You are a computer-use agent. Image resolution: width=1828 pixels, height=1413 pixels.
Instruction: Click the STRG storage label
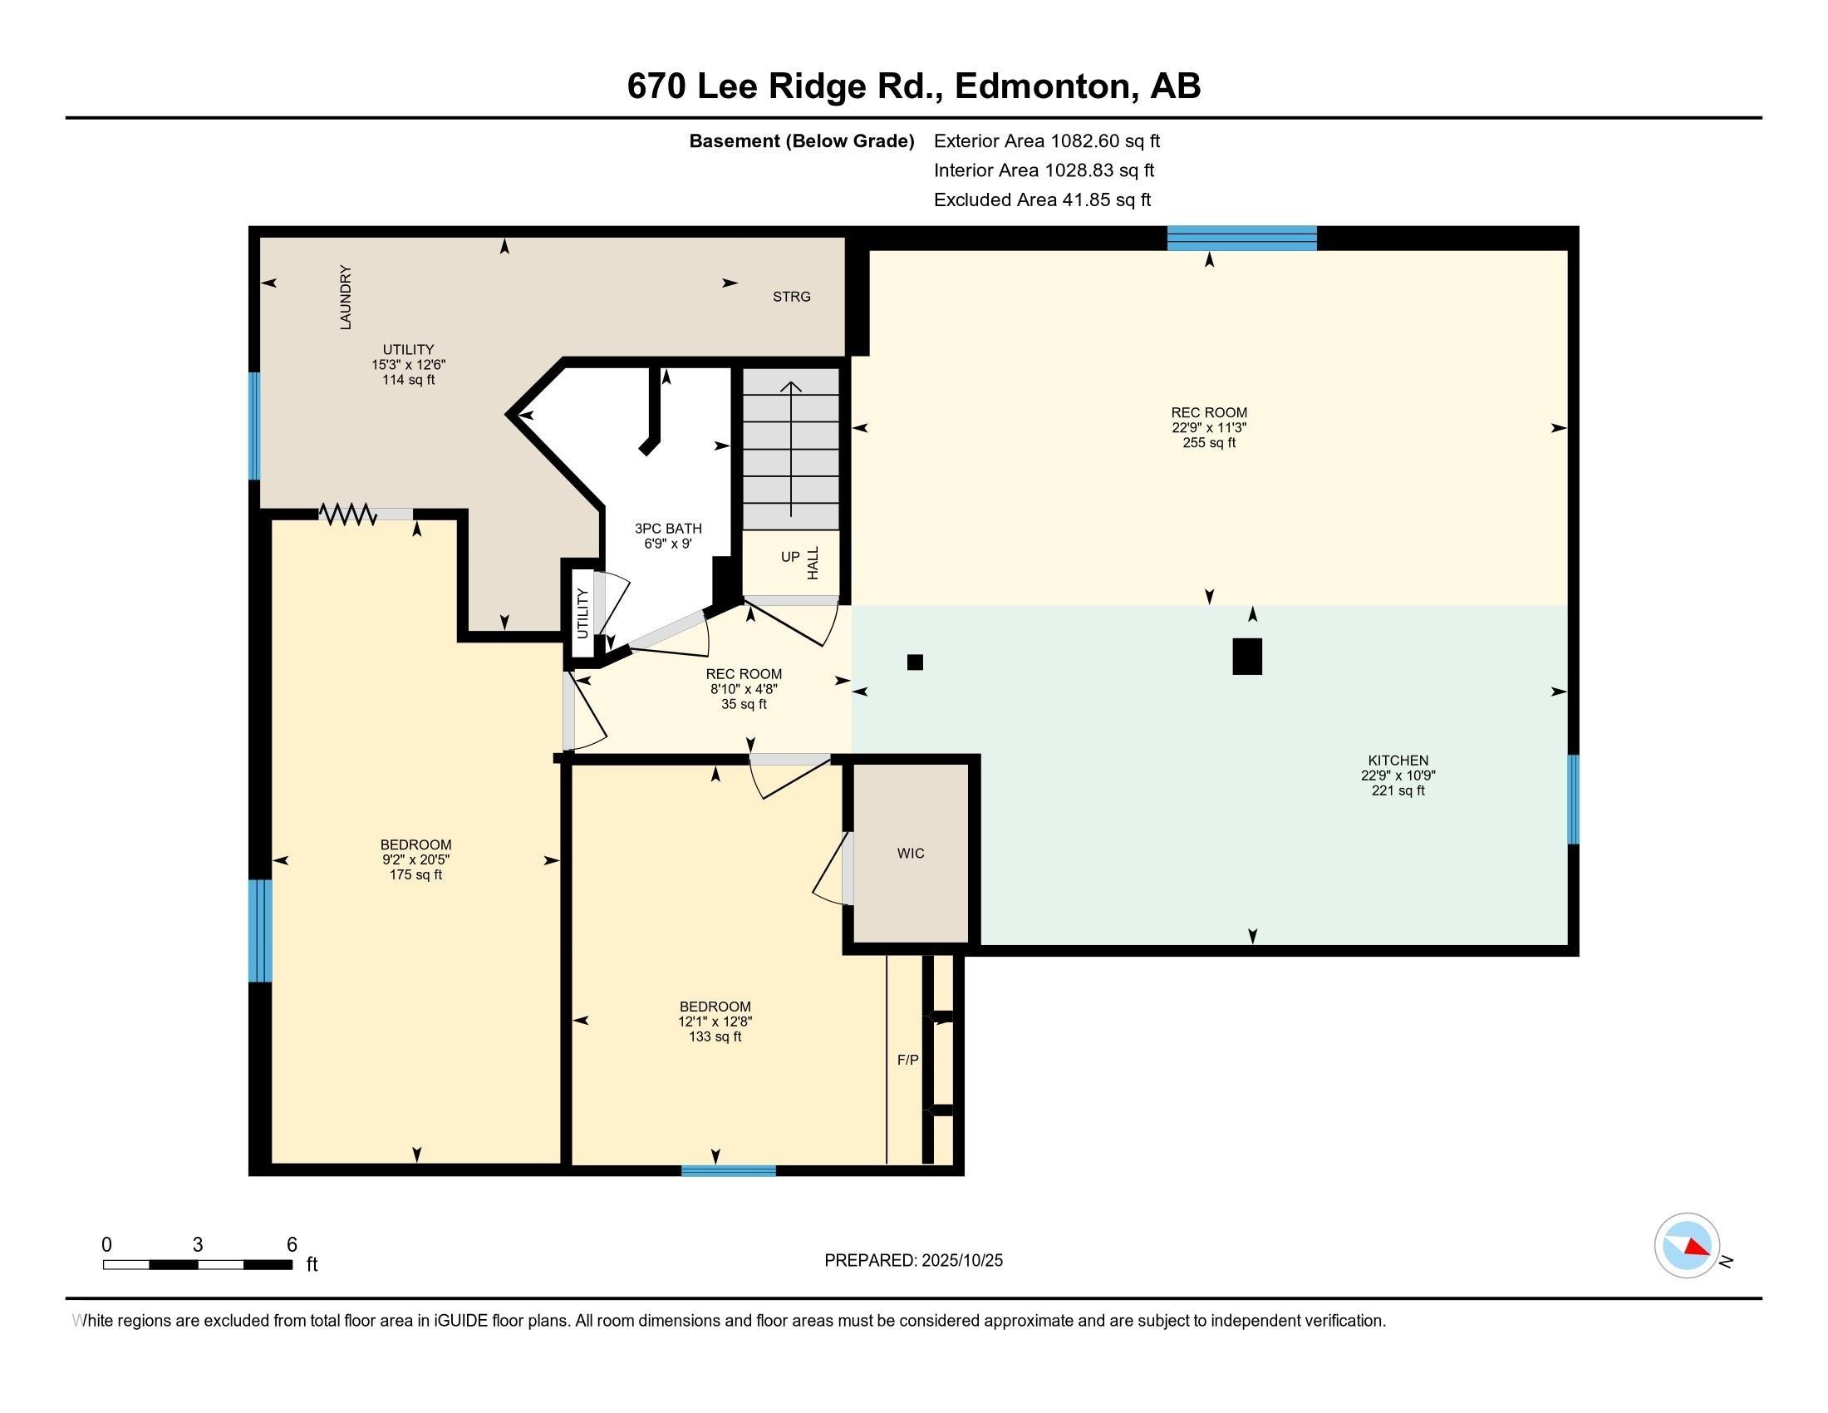(791, 297)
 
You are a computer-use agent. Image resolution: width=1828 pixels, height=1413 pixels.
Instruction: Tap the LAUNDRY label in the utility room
(346, 298)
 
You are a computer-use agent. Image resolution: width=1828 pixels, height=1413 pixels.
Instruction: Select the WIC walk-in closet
(911, 853)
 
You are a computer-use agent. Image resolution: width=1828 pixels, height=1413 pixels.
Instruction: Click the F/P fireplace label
(907, 1060)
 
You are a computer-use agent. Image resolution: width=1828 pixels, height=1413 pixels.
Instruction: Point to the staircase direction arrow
(791, 448)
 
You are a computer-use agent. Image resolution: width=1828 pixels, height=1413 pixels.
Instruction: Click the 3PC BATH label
(668, 528)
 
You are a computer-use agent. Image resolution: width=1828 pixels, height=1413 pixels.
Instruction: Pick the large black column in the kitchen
(1247, 657)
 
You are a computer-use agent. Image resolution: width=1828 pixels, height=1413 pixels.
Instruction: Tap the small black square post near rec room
(915, 662)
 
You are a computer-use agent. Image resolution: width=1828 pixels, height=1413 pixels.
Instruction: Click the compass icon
(1687, 1246)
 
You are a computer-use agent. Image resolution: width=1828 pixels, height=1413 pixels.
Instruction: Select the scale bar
(198, 1264)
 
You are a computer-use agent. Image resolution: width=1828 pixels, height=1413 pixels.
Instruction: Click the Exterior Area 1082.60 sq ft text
(1046, 140)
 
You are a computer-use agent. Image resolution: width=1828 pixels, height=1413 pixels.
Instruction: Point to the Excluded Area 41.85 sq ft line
(1042, 199)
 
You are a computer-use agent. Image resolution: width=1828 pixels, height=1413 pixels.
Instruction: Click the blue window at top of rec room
(1242, 239)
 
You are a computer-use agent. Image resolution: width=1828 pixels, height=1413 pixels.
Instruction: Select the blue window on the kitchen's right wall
(1573, 800)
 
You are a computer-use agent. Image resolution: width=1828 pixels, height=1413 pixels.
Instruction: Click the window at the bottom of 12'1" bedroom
(728, 1170)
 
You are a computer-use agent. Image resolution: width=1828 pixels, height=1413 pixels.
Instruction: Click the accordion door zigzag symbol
(347, 514)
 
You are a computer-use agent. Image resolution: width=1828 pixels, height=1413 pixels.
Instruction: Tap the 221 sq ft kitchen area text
(1398, 790)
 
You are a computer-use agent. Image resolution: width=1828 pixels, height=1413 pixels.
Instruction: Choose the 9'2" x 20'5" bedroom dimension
(416, 859)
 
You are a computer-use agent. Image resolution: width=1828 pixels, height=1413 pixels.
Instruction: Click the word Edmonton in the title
(1044, 86)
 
